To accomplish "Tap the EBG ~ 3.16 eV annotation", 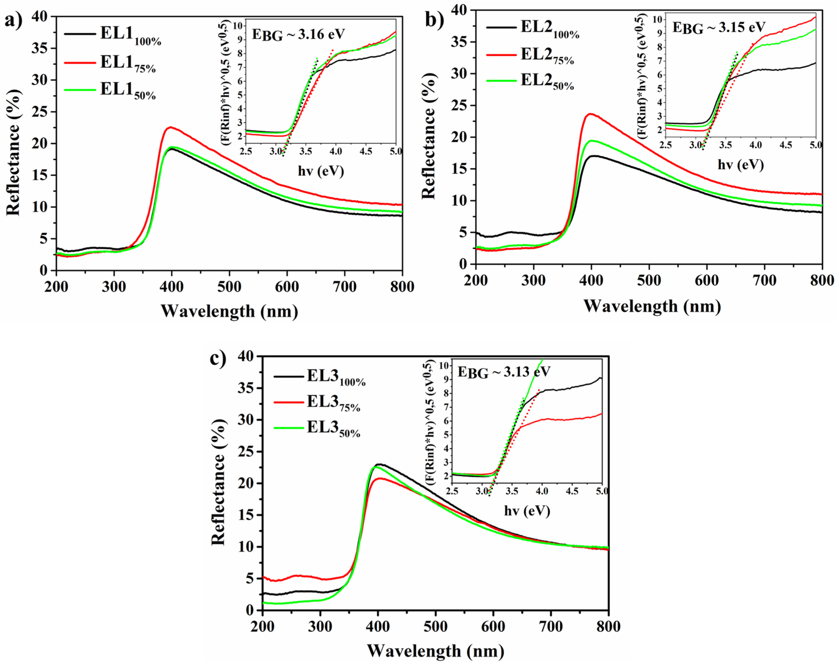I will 298,34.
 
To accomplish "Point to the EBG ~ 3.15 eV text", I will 718,28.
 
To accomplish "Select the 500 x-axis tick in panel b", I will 649,280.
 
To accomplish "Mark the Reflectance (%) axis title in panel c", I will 218,483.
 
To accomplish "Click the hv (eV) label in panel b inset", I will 740,165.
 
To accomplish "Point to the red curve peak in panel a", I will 170,127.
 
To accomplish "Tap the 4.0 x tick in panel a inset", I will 335,151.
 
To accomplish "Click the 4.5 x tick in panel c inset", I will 572,491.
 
